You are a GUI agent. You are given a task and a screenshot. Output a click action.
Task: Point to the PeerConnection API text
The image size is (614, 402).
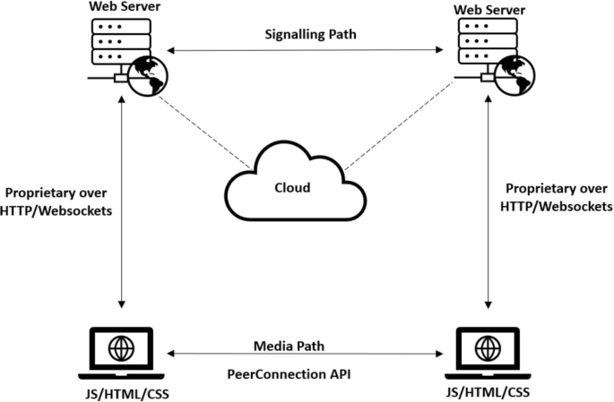[x=307, y=373]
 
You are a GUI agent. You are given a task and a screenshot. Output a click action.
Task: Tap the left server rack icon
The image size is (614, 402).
[x=119, y=41]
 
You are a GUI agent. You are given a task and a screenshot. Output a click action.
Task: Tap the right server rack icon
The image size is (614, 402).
[x=479, y=41]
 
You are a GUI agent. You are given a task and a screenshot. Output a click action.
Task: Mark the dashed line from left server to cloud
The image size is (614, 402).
[x=204, y=131]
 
